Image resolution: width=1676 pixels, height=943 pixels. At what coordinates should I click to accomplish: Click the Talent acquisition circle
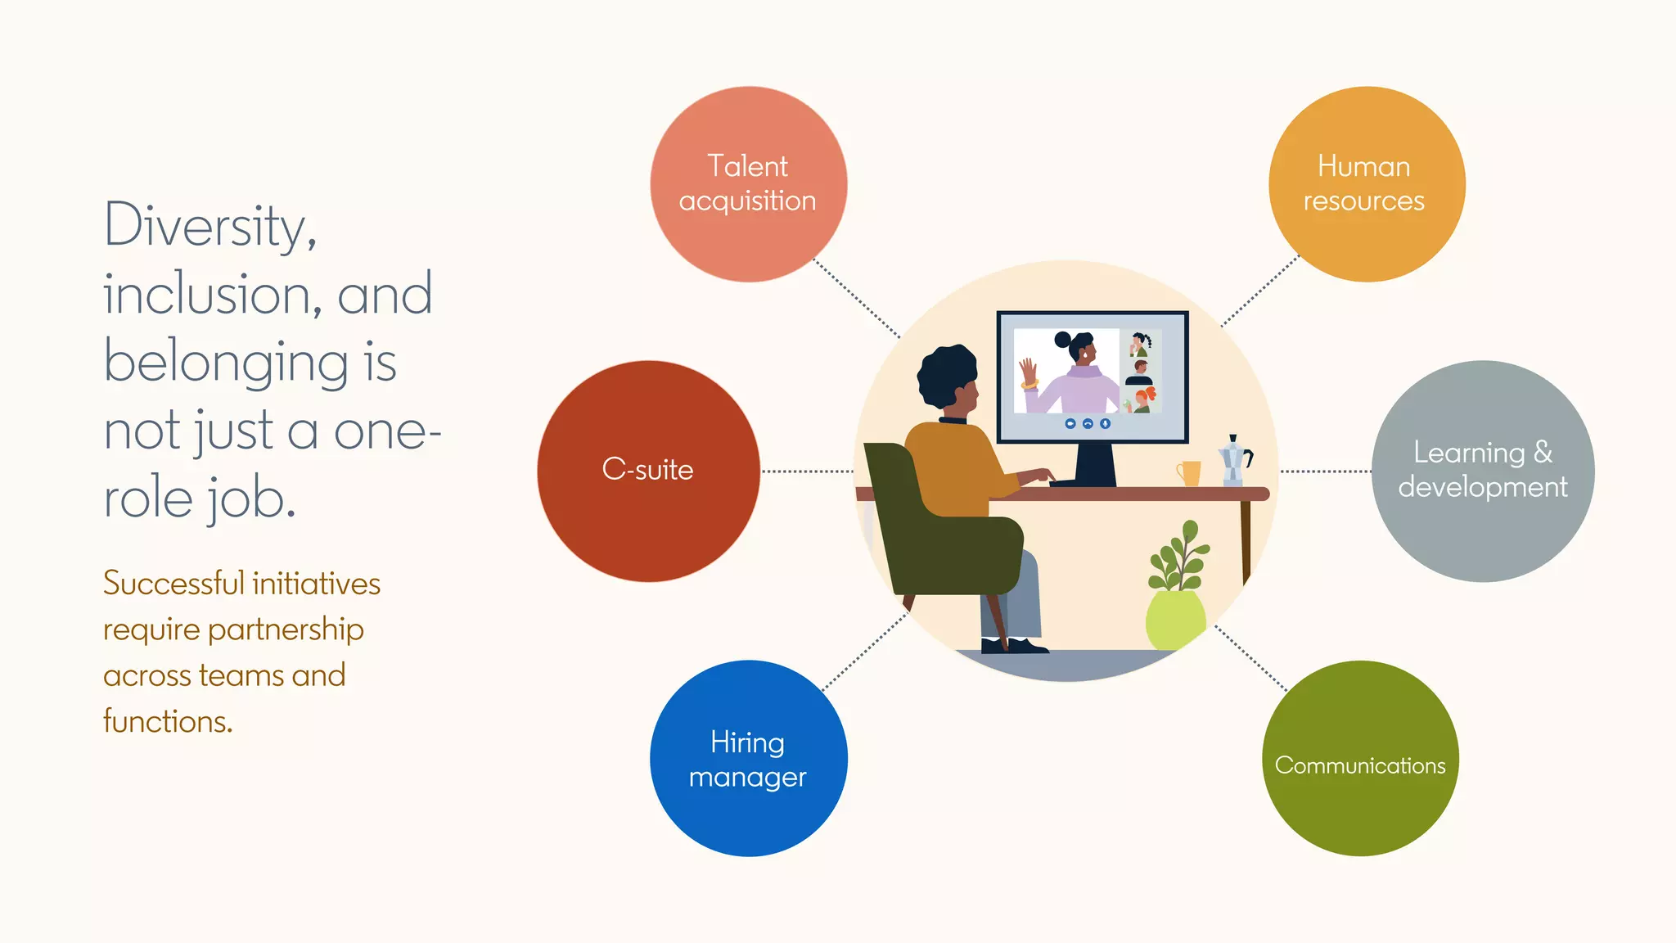(748, 184)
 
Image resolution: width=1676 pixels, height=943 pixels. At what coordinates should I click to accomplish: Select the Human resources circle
(1366, 184)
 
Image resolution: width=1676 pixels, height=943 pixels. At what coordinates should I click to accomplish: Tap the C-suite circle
(648, 471)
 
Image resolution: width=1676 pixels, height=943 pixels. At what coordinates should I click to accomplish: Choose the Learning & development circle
(1482, 471)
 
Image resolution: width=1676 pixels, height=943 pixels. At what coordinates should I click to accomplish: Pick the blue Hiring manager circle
(748, 759)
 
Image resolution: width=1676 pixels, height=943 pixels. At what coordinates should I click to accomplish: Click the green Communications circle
(1360, 759)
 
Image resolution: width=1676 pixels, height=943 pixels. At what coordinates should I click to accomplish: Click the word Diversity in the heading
(209, 226)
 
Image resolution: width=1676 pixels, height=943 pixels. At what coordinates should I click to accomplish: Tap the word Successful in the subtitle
(173, 584)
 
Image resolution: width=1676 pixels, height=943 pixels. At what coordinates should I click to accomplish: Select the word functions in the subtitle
(168, 721)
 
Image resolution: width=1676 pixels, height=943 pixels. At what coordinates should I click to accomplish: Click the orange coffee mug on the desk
(1189, 473)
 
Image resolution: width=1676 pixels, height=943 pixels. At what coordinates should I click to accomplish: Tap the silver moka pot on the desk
(1233, 461)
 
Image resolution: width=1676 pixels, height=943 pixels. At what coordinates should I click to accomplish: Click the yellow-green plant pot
(1175, 620)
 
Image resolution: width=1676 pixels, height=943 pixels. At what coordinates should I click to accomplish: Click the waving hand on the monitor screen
(1028, 373)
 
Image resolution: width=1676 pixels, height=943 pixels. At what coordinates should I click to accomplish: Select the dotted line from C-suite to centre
(807, 471)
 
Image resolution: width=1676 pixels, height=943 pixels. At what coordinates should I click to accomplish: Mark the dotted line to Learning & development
(1326, 471)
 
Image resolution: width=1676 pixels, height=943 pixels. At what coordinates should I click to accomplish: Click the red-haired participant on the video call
(1142, 399)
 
